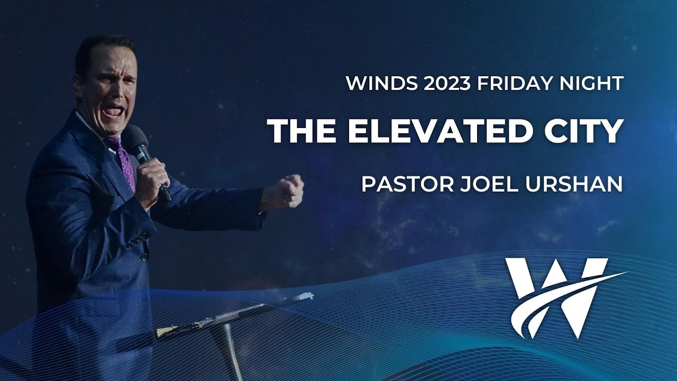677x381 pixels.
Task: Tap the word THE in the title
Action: click(x=301, y=131)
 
